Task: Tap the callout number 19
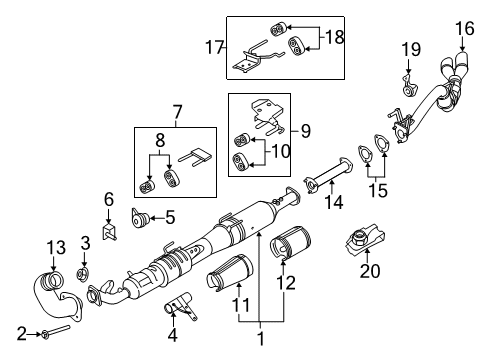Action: (x=410, y=49)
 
